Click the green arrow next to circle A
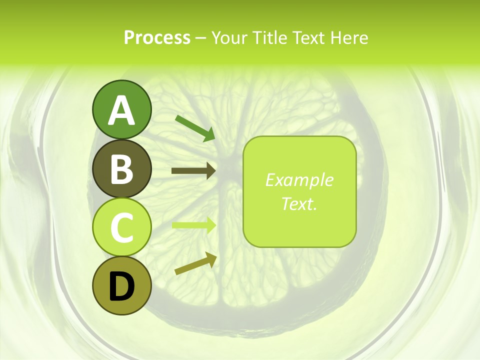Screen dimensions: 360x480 [195, 128]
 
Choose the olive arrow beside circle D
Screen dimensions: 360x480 [195, 263]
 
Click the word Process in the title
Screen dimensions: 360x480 [157, 37]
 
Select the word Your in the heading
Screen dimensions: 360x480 [229, 37]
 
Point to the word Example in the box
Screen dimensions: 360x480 [299, 180]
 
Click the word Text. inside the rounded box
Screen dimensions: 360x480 [299, 203]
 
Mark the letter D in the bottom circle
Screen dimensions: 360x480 [121, 287]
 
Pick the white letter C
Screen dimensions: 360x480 [121, 228]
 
